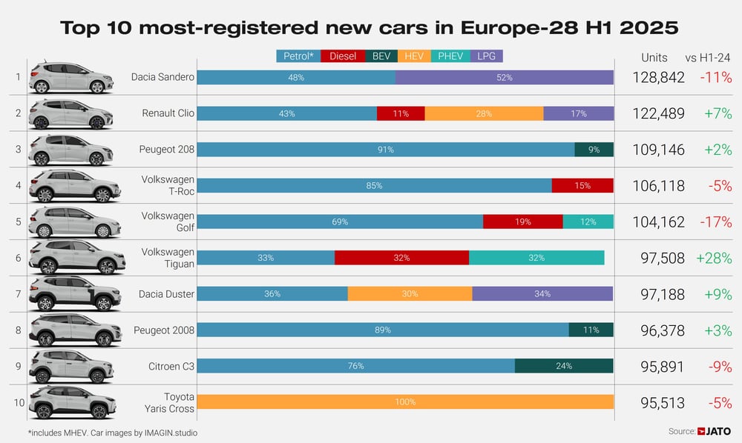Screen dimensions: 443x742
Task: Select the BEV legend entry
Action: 381,56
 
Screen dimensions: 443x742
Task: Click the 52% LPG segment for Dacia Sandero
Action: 505,77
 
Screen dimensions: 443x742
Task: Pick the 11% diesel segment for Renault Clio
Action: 401,113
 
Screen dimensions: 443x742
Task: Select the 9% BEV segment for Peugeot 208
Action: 594,150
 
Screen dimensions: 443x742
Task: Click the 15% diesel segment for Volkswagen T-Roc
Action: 582,186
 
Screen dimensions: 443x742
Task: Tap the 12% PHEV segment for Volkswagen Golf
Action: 588,221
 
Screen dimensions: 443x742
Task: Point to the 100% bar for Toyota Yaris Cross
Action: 405,402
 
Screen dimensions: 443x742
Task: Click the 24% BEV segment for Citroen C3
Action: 564,366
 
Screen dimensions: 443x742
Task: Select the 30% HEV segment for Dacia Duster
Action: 410,294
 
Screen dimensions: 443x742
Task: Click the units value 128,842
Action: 658,78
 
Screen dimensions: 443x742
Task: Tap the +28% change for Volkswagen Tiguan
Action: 713,259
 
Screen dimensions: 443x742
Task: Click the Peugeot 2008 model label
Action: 164,330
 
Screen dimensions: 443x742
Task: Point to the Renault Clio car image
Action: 70,113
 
